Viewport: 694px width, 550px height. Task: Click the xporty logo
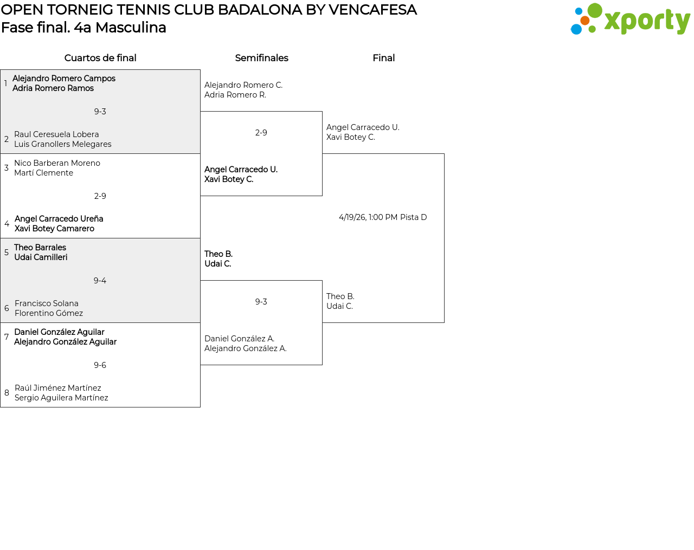point(630,19)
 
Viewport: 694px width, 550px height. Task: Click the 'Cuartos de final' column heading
point(100,58)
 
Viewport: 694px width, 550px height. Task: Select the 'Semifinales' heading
point(261,58)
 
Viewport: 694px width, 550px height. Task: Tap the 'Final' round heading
point(383,58)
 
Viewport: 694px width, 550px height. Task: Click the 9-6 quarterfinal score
point(100,365)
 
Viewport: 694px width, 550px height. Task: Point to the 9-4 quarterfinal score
point(100,281)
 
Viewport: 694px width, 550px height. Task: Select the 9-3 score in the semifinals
point(261,301)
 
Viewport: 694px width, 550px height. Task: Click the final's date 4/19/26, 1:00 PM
point(368,217)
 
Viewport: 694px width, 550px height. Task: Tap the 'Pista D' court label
point(414,217)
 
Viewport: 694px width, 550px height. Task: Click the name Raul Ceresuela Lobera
point(56,134)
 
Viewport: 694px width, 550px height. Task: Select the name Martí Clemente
point(43,173)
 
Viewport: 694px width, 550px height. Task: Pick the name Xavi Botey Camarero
point(55,229)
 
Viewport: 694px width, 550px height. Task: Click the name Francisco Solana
point(47,303)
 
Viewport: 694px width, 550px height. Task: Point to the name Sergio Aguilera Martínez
point(61,398)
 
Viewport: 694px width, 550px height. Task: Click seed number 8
point(7,393)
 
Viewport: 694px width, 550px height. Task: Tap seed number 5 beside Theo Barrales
point(7,252)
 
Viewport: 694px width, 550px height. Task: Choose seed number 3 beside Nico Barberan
point(7,167)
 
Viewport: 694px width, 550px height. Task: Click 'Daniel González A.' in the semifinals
point(239,339)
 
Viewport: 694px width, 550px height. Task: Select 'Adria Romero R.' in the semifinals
point(235,95)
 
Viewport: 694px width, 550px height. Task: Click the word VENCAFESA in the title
point(373,10)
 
